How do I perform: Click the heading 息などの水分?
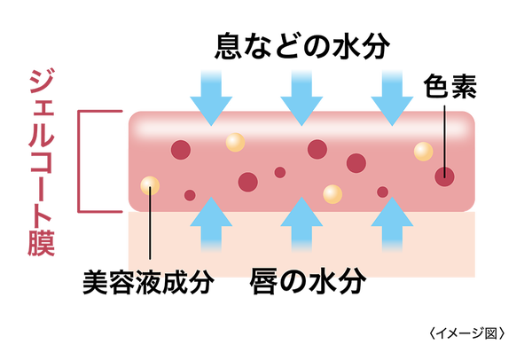302,46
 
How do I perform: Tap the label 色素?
450,86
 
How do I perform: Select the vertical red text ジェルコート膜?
42,162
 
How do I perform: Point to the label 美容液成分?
149,282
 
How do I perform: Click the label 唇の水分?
308,281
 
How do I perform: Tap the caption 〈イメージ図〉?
466,333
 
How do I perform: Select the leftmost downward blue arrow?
211,98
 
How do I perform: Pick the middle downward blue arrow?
301,98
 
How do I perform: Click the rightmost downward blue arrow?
392,98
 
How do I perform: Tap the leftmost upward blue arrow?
211,224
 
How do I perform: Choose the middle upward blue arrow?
301,224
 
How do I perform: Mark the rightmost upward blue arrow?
392,224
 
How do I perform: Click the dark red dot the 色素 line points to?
444,176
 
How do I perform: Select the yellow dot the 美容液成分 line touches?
150,185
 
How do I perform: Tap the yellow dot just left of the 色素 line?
423,152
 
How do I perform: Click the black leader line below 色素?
444,142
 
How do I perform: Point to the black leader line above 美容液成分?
150,223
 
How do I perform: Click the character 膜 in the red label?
42,243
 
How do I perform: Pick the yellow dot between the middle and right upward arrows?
332,194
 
